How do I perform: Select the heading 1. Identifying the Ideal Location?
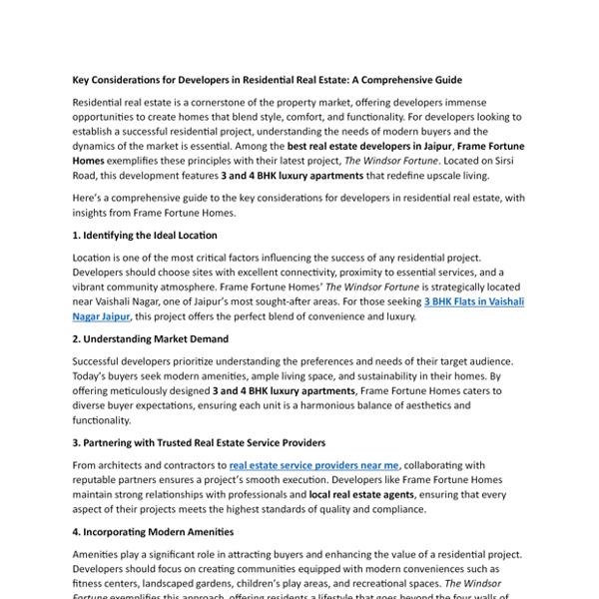(x=145, y=236)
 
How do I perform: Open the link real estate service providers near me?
(x=314, y=464)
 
